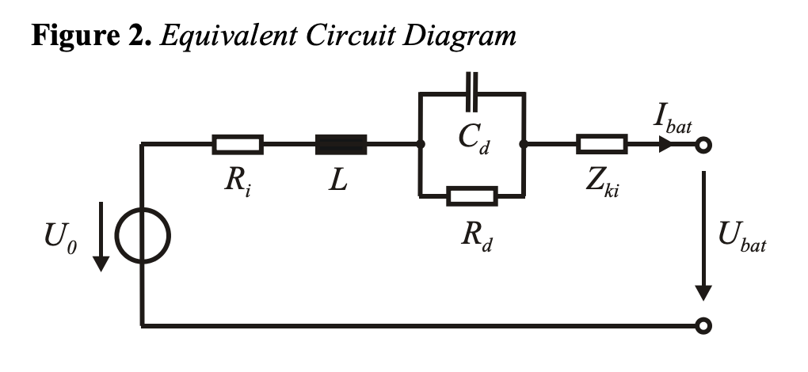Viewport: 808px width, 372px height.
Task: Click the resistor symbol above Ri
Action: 238,145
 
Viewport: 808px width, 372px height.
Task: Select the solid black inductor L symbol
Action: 341,145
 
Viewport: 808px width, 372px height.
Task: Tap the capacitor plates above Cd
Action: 471,92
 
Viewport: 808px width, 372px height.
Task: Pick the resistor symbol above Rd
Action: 472,196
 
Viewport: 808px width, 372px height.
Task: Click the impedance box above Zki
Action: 602,144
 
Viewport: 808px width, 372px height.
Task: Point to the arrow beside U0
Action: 101,236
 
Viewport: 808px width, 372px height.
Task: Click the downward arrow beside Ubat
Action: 703,236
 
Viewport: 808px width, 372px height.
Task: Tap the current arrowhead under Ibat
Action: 665,145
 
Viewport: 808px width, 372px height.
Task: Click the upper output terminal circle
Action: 703,145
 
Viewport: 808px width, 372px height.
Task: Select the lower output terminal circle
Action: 703,325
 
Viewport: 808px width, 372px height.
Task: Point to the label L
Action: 338,180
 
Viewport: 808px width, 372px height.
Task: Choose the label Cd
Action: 474,139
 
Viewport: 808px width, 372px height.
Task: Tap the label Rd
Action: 476,236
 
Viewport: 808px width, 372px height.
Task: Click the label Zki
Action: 602,183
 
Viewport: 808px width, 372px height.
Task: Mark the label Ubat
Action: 742,237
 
